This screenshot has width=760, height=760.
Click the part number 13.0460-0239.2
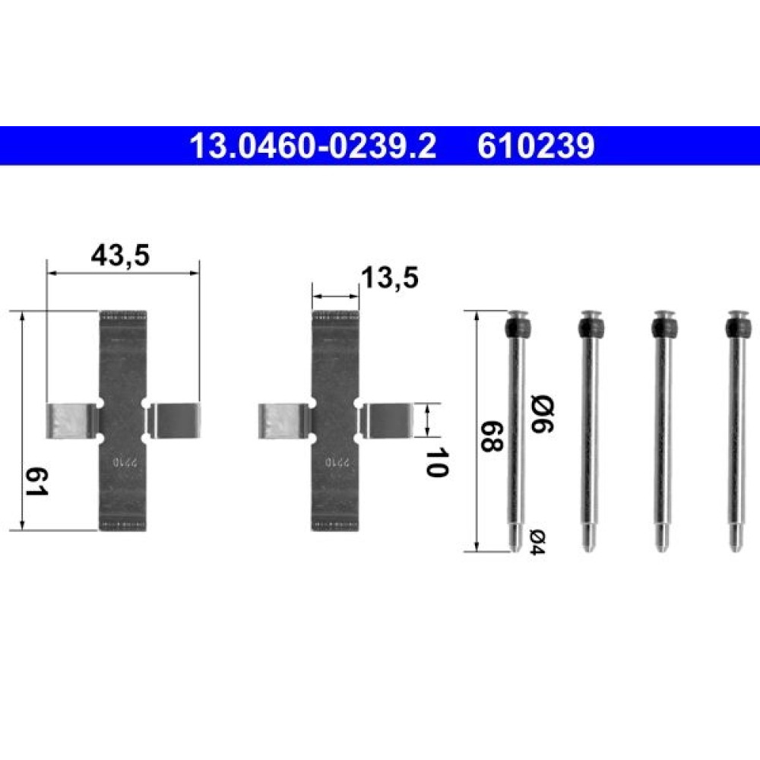pyautogui.click(x=313, y=146)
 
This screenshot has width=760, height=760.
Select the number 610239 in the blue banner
pyautogui.click(x=536, y=146)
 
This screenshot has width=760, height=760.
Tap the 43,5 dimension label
pyautogui.click(x=120, y=255)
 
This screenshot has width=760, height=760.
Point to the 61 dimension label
pyautogui.click(x=36, y=482)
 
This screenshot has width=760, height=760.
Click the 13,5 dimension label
pyautogui.click(x=390, y=278)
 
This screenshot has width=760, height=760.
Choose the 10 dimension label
pyautogui.click(x=436, y=462)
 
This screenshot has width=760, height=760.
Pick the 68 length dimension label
pyautogui.click(x=491, y=437)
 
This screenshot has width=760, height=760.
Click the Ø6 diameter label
pyautogui.click(x=543, y=414)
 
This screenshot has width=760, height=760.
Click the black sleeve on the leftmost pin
pyautogui.click(x=517, y=328)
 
